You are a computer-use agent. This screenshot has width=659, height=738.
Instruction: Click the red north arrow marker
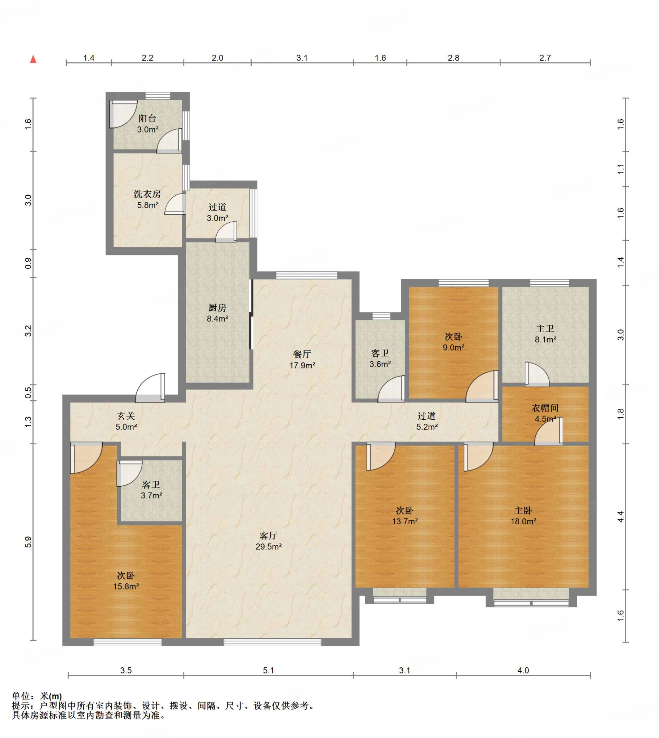point(33,59)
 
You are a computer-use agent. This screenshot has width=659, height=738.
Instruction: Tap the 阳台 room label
point(147,118)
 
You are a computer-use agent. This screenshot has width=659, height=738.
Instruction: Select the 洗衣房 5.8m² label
point(147,199)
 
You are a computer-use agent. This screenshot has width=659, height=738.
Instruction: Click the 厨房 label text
point(217,308)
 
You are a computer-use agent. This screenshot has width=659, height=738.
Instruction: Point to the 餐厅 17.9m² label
point(302,359)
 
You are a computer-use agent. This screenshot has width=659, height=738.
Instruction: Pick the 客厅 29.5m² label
point(268,541)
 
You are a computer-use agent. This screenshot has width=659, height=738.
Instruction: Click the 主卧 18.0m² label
point(523,516)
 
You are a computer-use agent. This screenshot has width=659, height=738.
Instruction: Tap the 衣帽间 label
point(545,408)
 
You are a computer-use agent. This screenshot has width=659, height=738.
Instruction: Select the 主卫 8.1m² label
point(545,334)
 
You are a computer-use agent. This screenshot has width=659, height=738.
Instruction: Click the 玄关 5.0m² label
point(126,421)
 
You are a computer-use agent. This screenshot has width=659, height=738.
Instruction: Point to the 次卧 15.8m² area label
point(126,581)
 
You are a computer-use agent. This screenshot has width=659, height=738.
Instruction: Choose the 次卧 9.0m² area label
point(454,342)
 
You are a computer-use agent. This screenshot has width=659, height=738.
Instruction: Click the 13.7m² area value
point(405,521)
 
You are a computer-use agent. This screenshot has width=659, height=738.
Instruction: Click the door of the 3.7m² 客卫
point(129,474)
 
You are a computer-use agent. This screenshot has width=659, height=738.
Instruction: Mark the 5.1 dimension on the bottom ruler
point(268,670)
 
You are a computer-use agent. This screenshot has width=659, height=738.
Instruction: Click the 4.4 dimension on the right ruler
point(621,516)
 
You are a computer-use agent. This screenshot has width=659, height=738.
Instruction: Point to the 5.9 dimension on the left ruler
point(28,542)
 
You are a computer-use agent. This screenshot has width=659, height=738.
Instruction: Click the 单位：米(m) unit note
point(37,695)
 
